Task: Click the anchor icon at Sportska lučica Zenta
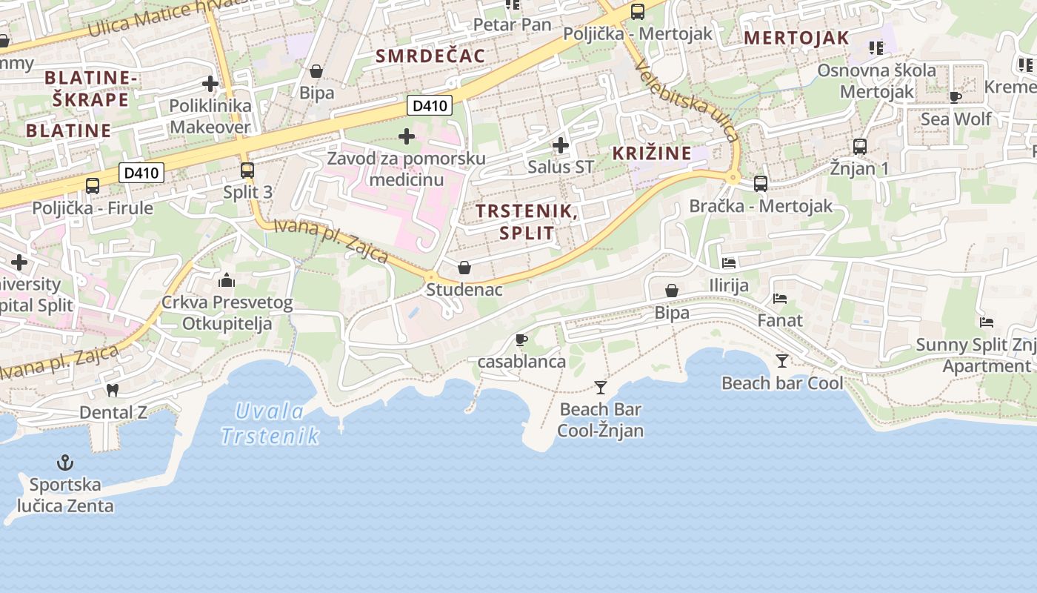(65, 463)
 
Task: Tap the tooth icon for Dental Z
(113, 390)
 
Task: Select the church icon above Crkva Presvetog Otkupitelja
(227, 280)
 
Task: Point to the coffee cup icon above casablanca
(521, 339)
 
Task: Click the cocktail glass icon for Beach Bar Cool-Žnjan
(601, 387)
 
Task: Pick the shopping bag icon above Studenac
(464, 268)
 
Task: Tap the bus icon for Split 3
(247, 170)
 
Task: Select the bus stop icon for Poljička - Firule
(93, 185)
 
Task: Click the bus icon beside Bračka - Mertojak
(761, 183)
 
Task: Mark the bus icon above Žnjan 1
(860, 147)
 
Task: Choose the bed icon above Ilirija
(729, 262)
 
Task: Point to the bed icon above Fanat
(779, 298)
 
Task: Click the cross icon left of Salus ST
(561, 145)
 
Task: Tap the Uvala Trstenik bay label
(270, 423)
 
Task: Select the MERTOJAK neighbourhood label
(796, 38)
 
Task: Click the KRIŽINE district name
(652, 153)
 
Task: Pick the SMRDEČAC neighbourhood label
(430, 56)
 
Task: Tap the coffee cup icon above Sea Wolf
(956, 96)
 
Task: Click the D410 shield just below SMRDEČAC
(430, 106)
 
